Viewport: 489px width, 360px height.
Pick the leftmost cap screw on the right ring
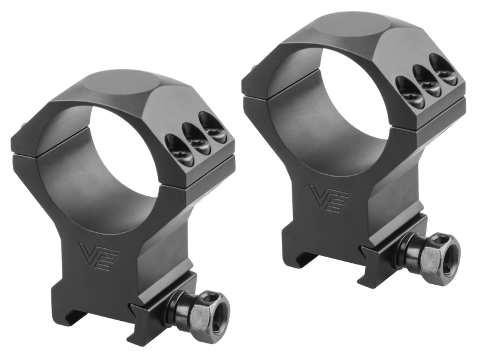[x=409, y=97]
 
